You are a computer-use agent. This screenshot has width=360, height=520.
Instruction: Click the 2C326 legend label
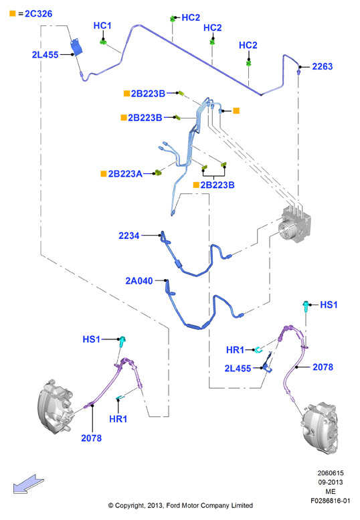point(38,13)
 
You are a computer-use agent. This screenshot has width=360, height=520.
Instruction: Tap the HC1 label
point(102,25)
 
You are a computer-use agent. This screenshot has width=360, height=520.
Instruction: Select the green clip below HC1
point(103,41)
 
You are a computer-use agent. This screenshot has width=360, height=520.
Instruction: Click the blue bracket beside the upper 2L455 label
point(77,47)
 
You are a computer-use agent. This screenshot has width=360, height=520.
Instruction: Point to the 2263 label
point(323,66)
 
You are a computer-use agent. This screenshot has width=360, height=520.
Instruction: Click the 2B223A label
point(125,174)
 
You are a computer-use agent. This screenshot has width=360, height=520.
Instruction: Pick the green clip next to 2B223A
point(158,172)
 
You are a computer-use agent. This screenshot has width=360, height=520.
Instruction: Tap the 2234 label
point(129,236)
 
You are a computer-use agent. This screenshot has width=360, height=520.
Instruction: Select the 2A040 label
point(139,281)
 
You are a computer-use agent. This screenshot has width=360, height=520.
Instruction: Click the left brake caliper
point(55,407)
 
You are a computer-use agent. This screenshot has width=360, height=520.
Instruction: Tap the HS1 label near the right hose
point(329,305)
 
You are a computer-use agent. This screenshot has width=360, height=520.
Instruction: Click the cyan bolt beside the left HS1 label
point(122,341)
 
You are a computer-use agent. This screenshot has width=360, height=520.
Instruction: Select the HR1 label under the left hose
point(118,419)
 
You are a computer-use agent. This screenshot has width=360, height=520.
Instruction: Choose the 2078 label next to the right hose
point(323,367)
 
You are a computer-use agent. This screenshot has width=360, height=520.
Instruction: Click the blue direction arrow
point(29,484)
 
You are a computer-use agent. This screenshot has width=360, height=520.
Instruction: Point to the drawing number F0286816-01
point(330,501)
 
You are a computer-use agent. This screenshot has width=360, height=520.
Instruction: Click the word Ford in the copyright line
point(173,505)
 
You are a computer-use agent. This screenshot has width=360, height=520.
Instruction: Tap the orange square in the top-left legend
point(13,13)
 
